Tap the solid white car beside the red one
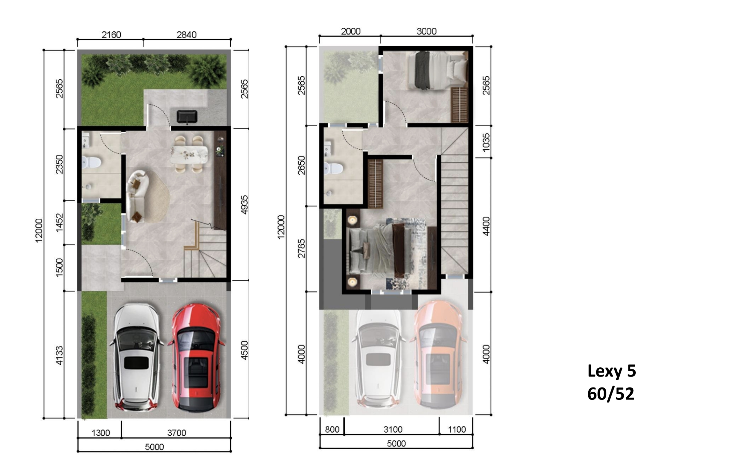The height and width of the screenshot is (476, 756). pos(136,357)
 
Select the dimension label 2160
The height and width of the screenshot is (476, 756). pos(111,35)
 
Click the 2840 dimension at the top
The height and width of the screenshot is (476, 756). pos(187,35)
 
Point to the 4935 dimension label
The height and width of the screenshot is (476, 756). pos(244,205)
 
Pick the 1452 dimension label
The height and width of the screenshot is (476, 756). pos(59,222)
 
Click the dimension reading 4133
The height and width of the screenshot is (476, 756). pos(59,356)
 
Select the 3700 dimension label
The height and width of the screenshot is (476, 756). pos(177,433)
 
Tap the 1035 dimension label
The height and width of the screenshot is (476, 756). pos(486,142)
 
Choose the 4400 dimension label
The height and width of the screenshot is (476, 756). pos(486,226)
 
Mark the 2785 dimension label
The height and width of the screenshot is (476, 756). pos(301,248)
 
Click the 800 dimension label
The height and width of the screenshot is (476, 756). pos(332,430)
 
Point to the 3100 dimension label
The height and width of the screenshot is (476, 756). pos(393,430)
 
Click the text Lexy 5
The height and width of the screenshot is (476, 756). pos(611,371)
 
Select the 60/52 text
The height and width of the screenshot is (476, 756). pos(611,394)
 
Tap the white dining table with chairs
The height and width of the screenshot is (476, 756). pos(189,154)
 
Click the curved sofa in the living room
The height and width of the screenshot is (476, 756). pos(138,196)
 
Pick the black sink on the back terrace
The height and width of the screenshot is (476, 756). pos(187,116)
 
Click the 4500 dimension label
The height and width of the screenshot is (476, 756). pos(244,351)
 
